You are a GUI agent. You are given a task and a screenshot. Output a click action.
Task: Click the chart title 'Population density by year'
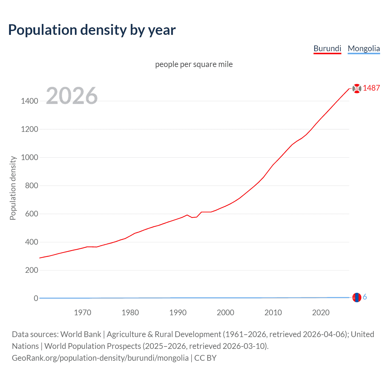coord(92,30)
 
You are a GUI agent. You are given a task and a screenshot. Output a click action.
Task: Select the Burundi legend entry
coord(327,48)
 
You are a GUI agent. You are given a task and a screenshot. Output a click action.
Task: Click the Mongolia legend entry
coord(363,48)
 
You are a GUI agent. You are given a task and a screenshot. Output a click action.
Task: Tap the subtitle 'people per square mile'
coord(194,64)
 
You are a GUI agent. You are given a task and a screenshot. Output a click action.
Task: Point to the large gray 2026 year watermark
coord(72,96)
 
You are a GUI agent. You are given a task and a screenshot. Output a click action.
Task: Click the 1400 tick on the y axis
coord(29,101)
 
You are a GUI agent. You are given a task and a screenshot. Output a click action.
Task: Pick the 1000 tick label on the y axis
coord(29,157)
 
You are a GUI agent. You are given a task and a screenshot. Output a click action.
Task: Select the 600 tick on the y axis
coord(32,214)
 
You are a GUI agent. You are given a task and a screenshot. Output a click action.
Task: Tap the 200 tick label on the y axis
coord(32,270)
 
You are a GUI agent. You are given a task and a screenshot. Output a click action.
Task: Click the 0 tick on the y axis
coord(36,298)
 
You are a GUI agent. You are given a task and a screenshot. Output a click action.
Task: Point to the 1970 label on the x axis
coord(82,313)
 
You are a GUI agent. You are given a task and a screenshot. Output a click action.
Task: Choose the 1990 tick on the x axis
coord(178,313)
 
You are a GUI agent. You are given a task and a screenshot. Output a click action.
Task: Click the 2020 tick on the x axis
coord(321,313)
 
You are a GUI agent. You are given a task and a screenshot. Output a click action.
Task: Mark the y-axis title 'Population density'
coord(13,188)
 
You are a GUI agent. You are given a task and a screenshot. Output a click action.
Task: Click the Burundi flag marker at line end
coord(357,89)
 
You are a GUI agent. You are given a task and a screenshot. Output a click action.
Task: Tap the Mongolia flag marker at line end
coord(357,297)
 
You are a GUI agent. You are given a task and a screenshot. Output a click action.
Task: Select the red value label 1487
coord(371,88)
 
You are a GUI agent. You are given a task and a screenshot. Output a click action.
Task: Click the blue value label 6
coord(365,297)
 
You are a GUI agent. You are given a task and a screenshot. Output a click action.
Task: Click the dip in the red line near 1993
coord(192,217)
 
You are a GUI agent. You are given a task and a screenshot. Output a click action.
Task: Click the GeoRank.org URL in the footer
coord(100,358)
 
